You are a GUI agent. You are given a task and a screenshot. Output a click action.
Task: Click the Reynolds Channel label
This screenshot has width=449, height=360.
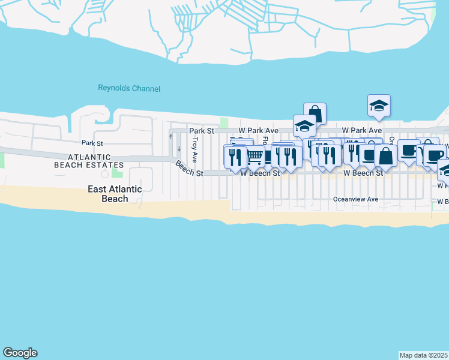(x=129, y=89)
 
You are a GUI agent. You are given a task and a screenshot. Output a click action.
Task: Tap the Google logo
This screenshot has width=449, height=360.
(x=20, y=353)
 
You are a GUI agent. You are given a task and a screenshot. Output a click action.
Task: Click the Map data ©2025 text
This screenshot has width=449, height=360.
(x=424, y=355)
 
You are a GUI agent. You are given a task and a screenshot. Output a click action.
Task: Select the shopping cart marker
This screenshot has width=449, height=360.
(x=255, y=157)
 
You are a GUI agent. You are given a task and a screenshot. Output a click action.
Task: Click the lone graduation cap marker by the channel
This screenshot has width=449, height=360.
(x=379, y=106)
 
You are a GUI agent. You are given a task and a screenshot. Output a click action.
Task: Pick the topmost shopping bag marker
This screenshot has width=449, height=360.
(x=315, y=113)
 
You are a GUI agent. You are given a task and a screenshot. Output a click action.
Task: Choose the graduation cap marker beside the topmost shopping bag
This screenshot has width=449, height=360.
(x=304, y=126)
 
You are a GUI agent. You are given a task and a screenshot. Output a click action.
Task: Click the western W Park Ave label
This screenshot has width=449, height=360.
(x=258, y=130)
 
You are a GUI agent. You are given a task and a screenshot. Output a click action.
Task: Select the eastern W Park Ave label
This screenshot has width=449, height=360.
(x=362, y=130)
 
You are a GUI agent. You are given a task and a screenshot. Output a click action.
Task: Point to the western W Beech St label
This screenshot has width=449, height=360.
(x=260, y=173)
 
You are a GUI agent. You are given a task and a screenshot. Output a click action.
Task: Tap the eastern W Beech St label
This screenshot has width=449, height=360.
(x=363, y=173)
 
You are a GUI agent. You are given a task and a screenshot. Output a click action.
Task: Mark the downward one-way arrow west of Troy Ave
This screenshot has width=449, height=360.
(x=179, y=148)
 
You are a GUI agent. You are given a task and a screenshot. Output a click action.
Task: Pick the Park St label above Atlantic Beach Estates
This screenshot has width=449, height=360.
(x=92, y=143)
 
